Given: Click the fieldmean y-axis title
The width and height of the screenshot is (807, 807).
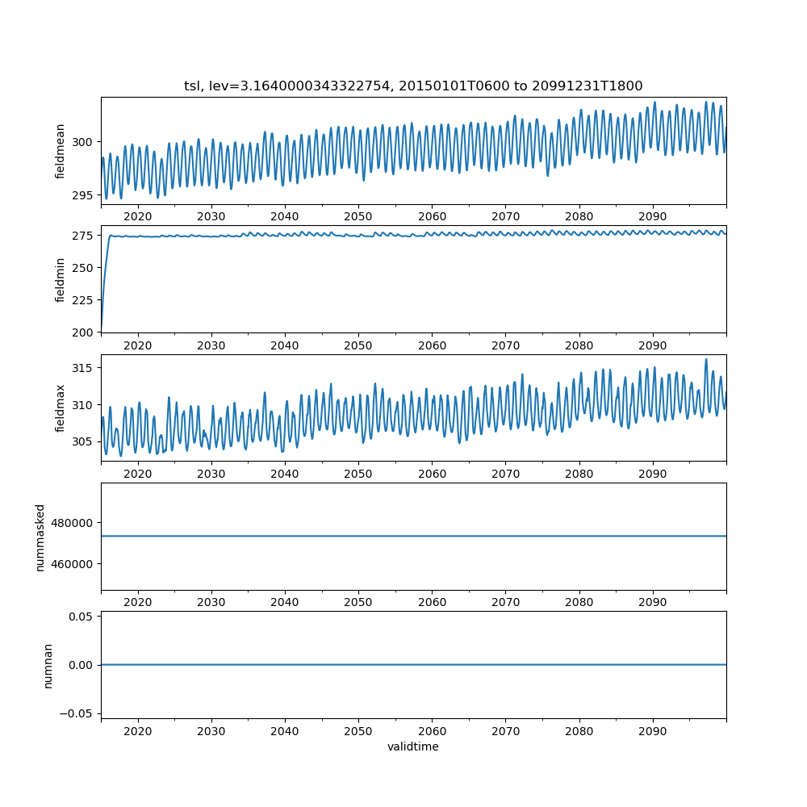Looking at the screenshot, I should (61, 151).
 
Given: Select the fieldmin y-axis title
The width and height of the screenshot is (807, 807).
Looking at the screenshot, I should (61, 279).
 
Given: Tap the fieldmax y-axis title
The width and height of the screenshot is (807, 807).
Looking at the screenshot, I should (61, 408).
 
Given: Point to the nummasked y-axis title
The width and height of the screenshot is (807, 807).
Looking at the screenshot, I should (40, 537).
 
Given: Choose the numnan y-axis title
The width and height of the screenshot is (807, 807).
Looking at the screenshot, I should (48, 666).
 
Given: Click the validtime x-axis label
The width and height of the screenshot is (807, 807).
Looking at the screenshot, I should (413, 747).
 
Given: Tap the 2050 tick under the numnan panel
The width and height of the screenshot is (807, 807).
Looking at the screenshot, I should (358, 731).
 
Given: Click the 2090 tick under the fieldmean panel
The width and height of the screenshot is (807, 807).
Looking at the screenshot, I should (653, 217).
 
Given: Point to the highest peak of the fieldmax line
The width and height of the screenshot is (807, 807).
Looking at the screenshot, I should (706, 359).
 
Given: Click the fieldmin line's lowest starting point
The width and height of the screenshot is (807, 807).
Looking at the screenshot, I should (102, 330).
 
